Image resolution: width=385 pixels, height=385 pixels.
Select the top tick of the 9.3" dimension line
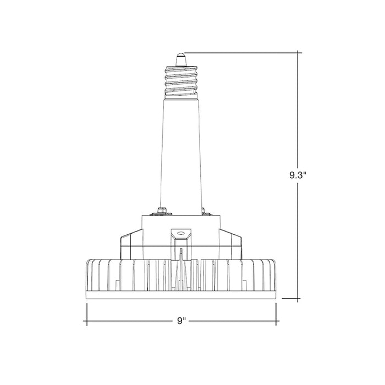[299, 52]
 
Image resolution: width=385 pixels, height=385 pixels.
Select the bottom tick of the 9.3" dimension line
[299, 300]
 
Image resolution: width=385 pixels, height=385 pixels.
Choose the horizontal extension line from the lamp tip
[242, 52]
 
